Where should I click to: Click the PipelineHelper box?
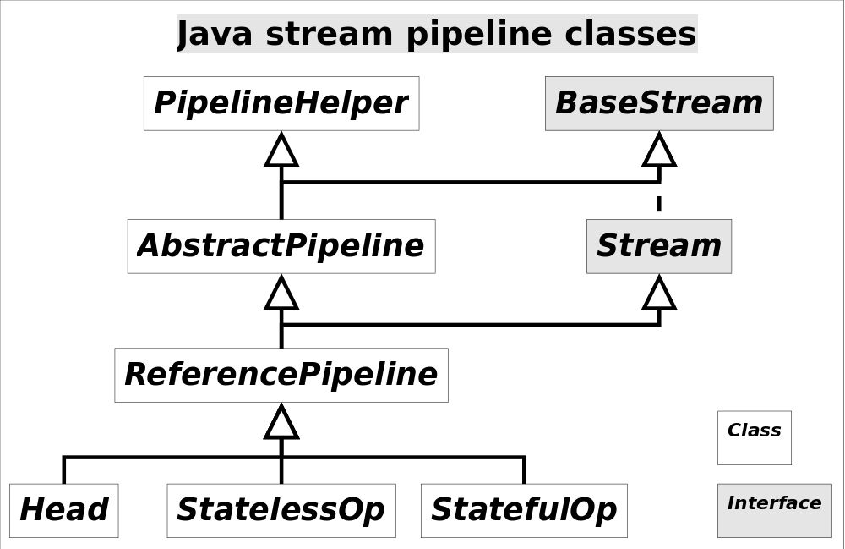(281, 103)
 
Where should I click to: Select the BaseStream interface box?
(659, 103)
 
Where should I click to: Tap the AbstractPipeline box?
(281, 246)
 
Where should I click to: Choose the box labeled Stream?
(659, 246)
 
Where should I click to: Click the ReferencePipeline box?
(281, 375)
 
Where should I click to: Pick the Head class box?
(64, 510)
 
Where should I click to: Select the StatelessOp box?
(281, 510)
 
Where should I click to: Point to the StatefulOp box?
(524, 510)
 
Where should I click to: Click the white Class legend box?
(755, 438)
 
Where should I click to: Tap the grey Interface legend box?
(774, 510)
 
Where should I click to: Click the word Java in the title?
(215, 35)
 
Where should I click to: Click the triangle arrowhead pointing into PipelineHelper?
(281, 151)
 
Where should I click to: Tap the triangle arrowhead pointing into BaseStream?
(659, 151)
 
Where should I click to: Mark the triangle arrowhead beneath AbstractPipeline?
(281, 294)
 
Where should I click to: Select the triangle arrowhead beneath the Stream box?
(659, 294)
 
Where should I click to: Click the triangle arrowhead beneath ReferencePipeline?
(281, 423)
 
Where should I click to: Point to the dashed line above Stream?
(659, 202)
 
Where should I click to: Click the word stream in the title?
(329, 35)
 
